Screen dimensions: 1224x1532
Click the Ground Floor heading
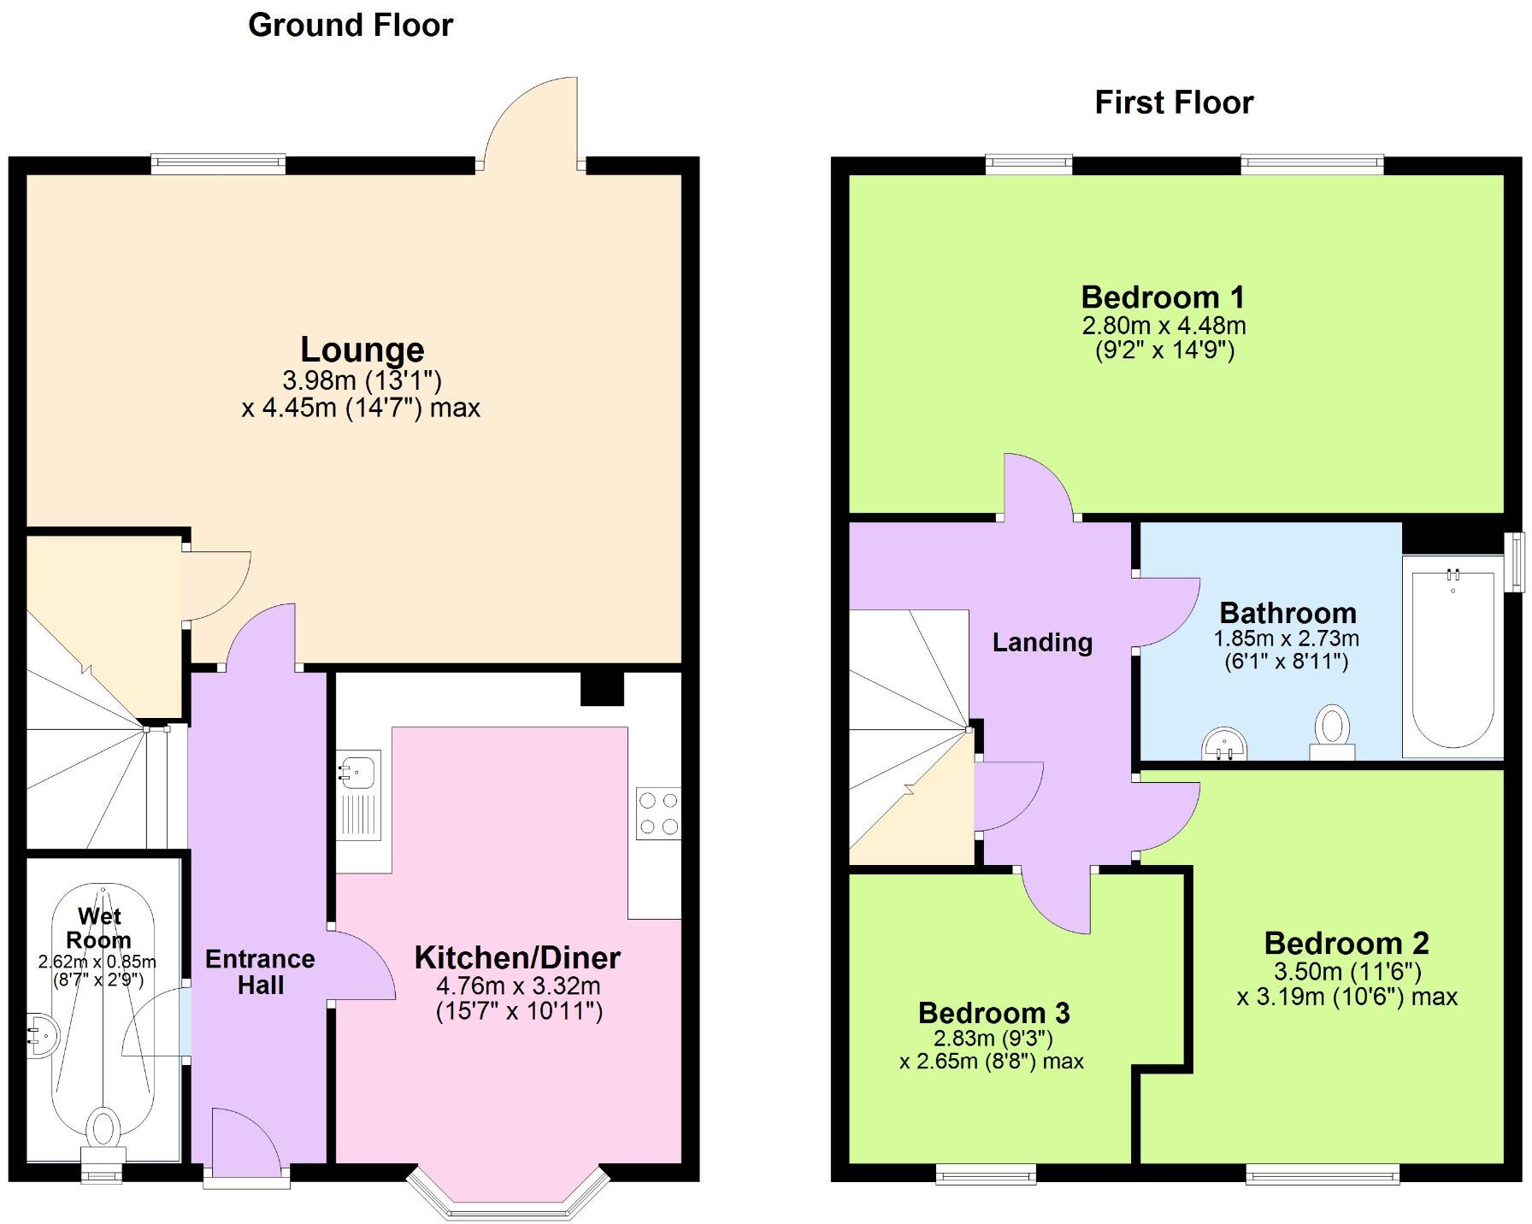[x=350, y=26]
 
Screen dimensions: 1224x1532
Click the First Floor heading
[x=1173, y=103]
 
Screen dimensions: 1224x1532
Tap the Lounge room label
[x=362, y=350]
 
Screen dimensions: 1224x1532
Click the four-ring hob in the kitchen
[x=658, y=814]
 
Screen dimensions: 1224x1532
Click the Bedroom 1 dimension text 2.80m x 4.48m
[x=1164, y=326]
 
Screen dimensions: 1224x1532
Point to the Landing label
[x=1042, y=642]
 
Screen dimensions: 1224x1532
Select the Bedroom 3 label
[x=993, y=1013]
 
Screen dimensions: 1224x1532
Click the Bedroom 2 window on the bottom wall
[x=1322, y=1176]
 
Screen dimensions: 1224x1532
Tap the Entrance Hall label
[x=260, y=972]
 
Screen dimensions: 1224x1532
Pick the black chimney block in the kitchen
[x=602, y=688]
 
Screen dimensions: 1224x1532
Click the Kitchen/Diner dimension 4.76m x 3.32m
[x=518, y=986]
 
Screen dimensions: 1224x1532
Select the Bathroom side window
[x=1514, y=562]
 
